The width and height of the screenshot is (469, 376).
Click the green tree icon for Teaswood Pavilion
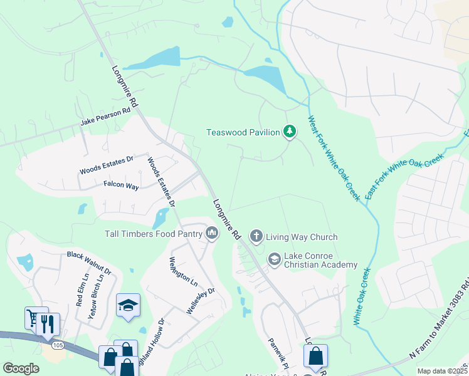click(289, 132)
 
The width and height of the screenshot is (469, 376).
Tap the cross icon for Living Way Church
click(256, 237)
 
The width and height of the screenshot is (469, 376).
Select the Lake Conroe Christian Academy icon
click(274, 259)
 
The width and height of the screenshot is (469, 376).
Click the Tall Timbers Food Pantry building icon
click(212, 234)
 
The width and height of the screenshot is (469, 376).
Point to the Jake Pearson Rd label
click(105, 117)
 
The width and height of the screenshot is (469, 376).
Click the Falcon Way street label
click(121, 186)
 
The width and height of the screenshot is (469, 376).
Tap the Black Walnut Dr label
click(89, 264)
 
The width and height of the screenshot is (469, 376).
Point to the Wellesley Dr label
click(201, 301)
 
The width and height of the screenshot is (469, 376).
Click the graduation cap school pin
click(129, 306)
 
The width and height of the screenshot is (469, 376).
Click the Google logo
click(21, 368)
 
